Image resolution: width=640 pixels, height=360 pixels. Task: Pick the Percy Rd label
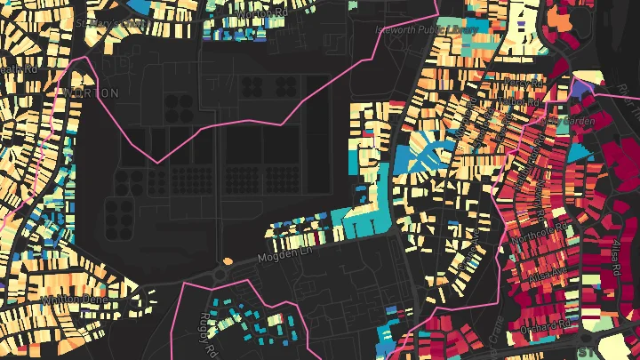point(522,82)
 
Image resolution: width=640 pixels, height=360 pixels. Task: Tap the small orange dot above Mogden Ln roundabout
point(228,260)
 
